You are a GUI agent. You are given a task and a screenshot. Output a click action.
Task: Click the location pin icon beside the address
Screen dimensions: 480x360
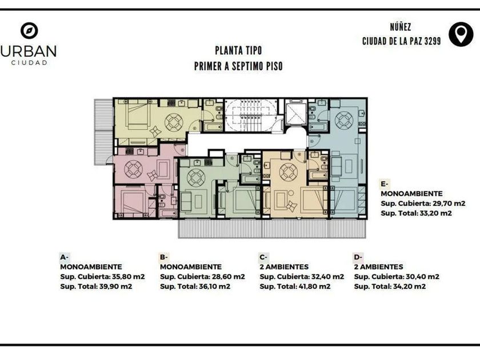[461, 34]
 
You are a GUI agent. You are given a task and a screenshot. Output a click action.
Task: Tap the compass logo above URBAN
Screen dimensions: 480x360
[29, 31]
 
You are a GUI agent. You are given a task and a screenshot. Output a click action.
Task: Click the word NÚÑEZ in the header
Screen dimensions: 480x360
[401, 27]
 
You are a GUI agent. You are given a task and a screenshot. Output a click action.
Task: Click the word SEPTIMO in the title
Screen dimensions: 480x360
[246, 66]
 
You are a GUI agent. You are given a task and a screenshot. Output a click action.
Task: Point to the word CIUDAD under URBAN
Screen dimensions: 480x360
[29, 63]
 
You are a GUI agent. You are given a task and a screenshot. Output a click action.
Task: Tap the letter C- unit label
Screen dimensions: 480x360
[263, 257]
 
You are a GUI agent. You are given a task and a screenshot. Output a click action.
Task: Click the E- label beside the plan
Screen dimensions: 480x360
[385, 184]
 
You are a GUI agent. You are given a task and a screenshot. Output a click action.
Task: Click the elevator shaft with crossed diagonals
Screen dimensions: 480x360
[295, 113]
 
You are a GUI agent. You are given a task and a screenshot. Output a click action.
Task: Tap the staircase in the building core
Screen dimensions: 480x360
[251, 115]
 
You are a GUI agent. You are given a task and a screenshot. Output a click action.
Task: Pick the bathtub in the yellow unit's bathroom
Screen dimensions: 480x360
[213, 127]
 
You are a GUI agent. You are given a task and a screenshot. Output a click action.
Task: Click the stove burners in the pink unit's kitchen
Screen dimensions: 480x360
[130, 151]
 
